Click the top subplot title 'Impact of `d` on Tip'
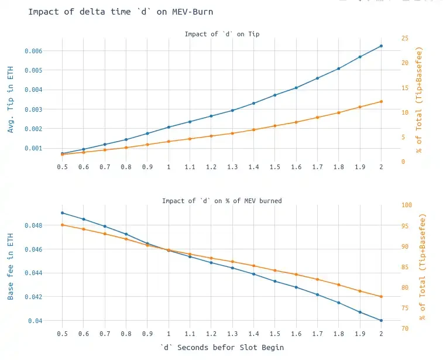pos(222,34)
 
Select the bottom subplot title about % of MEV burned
pos(222,201)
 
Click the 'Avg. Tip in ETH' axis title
pos(11,100)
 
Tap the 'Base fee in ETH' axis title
pos(11,266)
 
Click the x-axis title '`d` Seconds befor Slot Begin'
pos(222,347)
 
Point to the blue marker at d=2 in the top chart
pos(381,46)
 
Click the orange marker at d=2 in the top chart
pos(381,101)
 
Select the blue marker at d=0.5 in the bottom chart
pos(62,212)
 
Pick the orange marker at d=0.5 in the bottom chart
pos(62,225)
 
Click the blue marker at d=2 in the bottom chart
pos(381,320)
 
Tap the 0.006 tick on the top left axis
pos(33,51)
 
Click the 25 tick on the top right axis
pos(405,38)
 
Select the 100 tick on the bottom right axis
pos(407,205)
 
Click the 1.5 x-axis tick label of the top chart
pos(274,167)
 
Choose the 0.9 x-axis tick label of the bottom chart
pos(147,333)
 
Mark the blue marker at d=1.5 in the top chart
pos(274,95)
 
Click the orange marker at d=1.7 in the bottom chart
pos(317,279)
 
